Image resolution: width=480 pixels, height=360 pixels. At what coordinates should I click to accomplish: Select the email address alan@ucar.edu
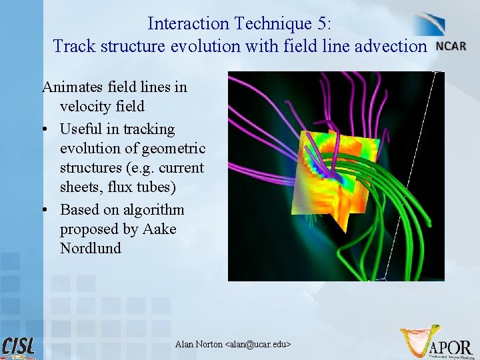258,344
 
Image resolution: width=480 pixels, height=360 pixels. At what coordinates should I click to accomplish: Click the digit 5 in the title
323,24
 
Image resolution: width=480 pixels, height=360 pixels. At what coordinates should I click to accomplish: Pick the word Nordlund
91,249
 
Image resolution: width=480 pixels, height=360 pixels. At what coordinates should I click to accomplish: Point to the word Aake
160,229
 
